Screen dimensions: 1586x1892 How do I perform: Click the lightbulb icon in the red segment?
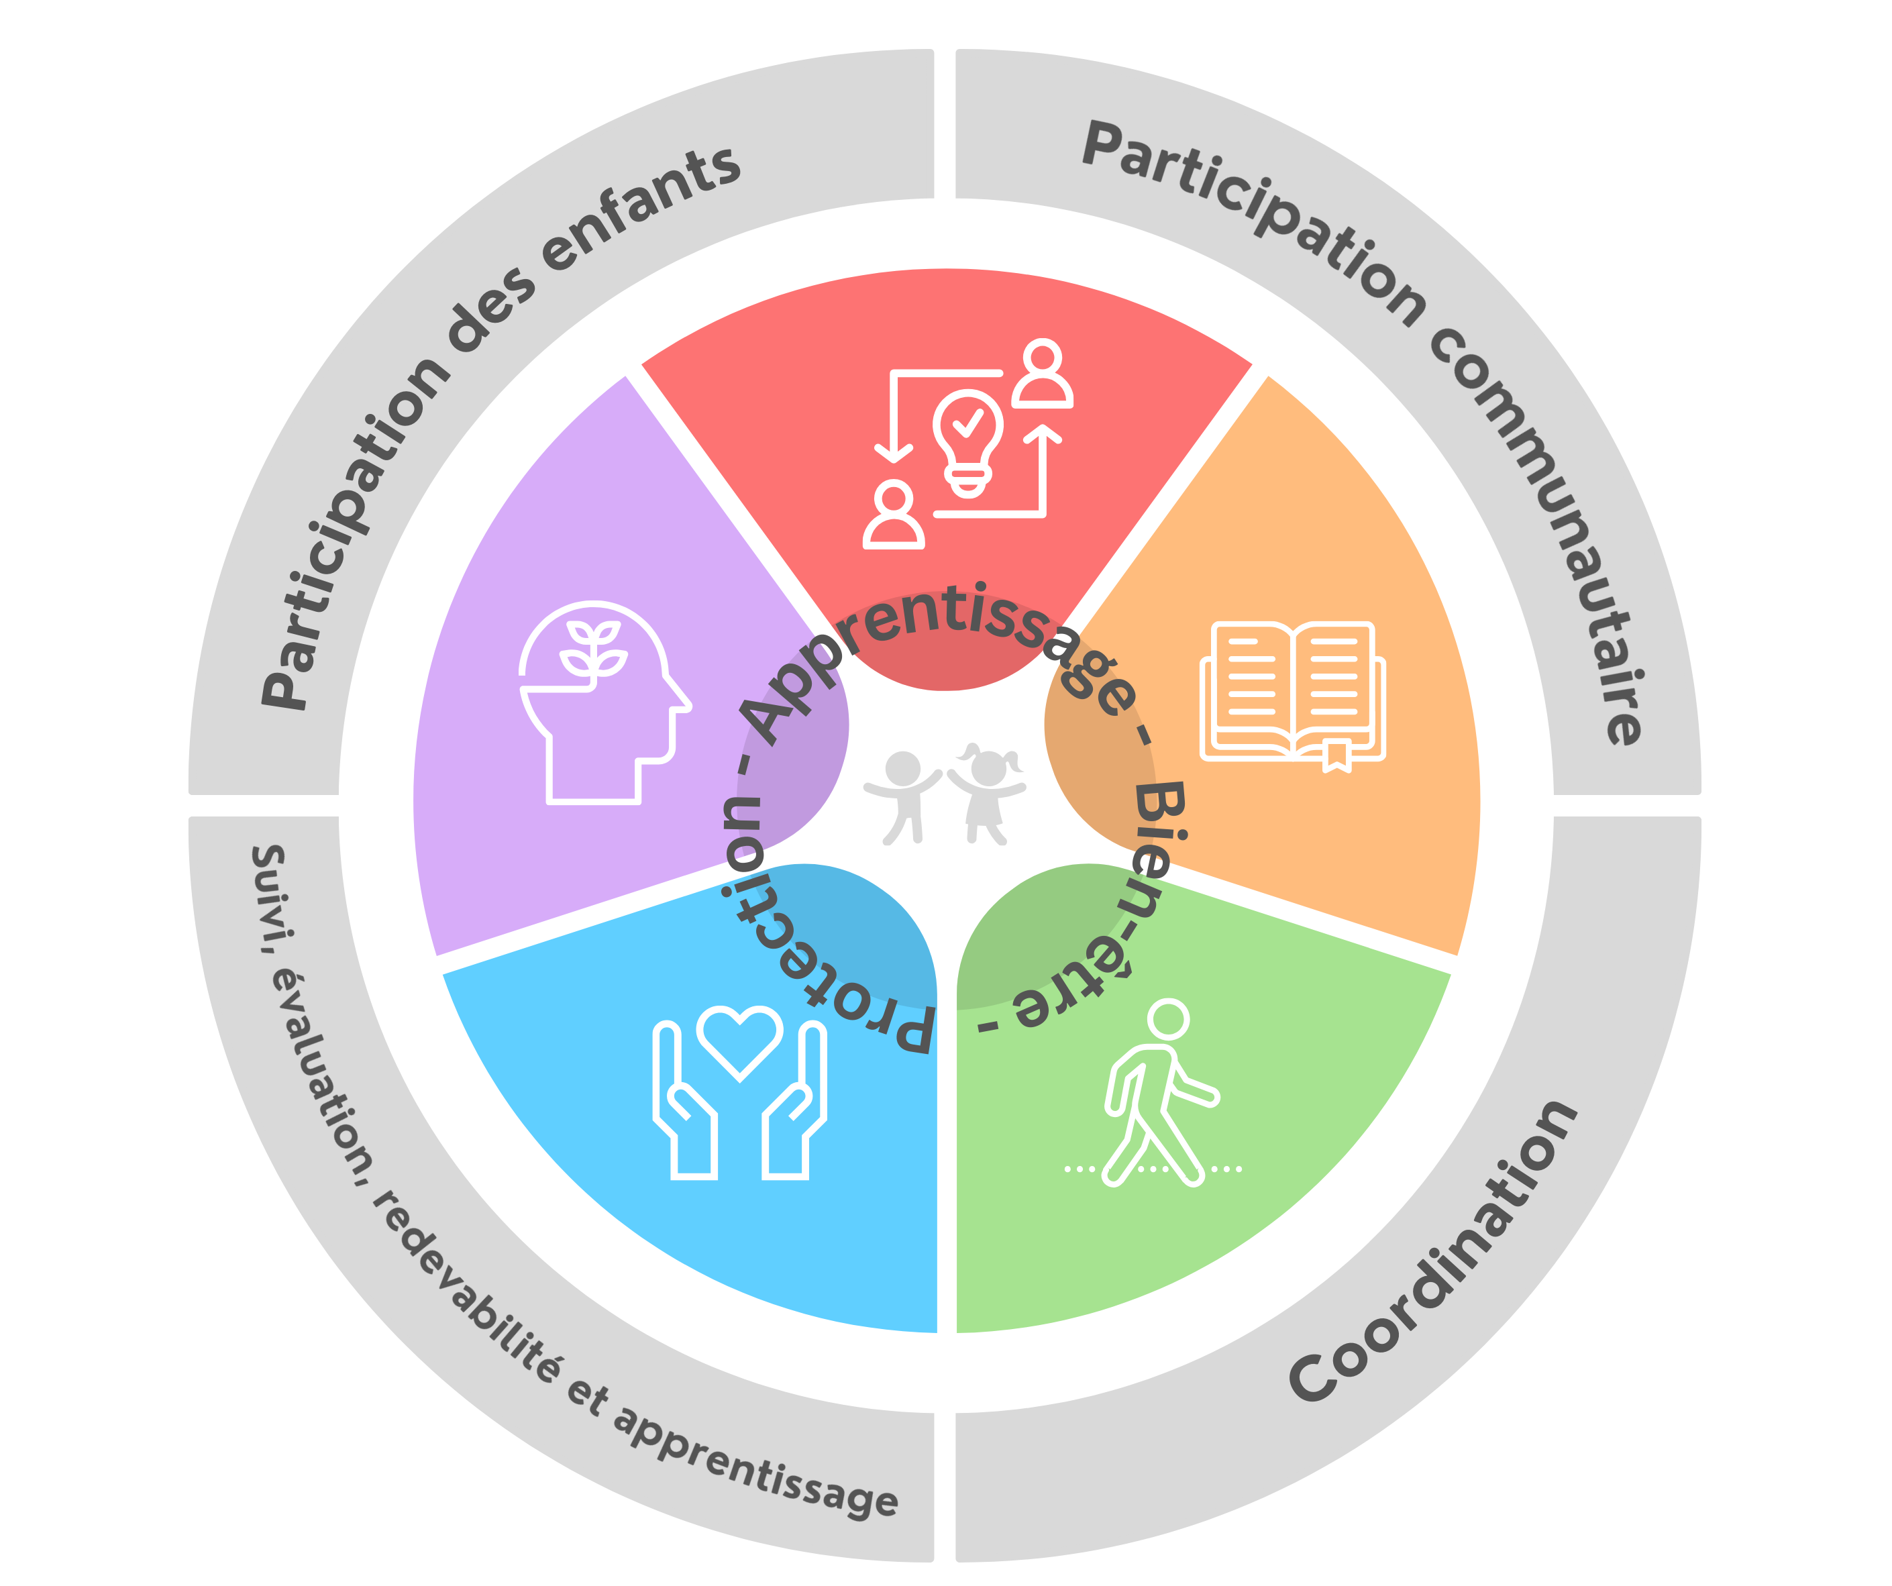[x=967, y=441]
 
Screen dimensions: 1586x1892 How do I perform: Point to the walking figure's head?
[x=1169, y=1019]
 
